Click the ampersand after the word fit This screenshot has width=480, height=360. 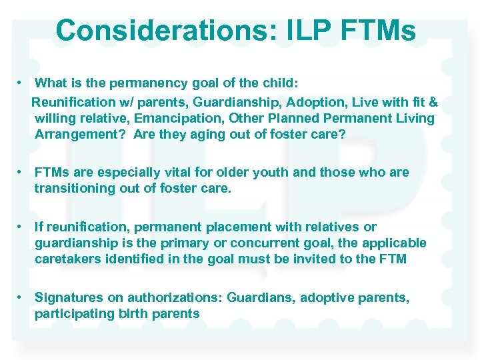point(433,102)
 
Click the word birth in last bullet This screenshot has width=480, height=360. point(125,313)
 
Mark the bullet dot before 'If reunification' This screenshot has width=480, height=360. point(21,227)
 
